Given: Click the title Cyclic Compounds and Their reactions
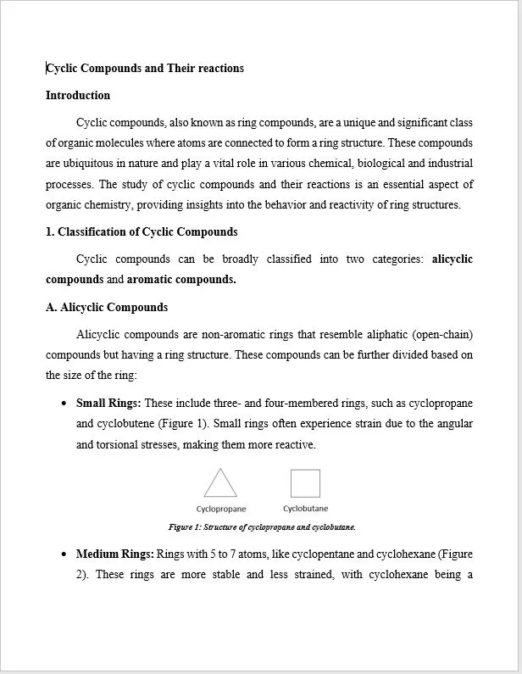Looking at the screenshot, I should (145, 69).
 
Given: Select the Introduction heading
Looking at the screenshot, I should (78, 96).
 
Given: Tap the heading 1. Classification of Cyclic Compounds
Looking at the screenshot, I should (142, 232).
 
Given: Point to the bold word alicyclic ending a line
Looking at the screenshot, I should (452, 259).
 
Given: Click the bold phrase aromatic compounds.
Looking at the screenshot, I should (181, 280).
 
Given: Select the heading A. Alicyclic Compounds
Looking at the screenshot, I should (107, 308).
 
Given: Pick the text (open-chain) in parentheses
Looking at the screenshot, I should (441, 335).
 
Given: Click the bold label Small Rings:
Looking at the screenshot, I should (108, 404).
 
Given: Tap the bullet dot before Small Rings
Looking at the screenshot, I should (64, 404).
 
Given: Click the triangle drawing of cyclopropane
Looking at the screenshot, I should (220, 483).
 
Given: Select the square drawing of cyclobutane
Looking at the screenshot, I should (305, 483).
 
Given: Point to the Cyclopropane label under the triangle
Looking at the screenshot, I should (221, 510).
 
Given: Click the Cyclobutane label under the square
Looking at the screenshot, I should (305, 509).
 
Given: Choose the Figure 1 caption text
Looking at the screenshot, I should (262, 527).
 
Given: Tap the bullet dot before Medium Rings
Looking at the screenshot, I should (64, 554).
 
